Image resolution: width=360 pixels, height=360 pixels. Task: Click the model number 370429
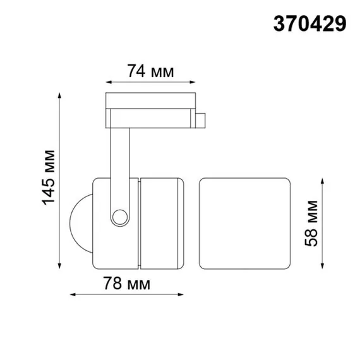click(309, 24)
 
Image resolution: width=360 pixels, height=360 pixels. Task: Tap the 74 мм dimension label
click(150, 70)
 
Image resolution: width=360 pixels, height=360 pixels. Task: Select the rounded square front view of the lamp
click(245, 223)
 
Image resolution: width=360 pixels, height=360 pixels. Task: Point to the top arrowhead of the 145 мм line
click(61, 95)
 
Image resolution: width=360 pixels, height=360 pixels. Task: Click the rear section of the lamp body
click(161, 222)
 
